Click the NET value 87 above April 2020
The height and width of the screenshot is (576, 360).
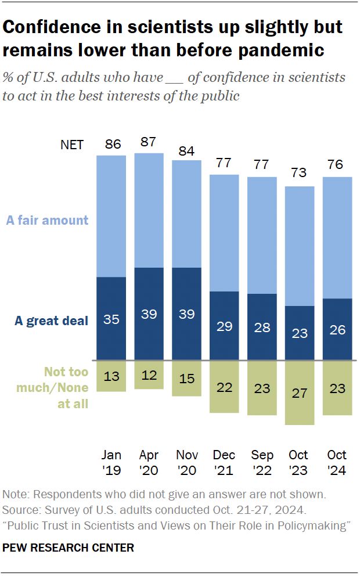click(x=149, y=142)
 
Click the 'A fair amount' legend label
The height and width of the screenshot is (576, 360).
click(x=48, y=220)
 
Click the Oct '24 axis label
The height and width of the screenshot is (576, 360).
click(x=337, y=463)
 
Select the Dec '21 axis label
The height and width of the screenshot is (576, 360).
click(x=224, y=463)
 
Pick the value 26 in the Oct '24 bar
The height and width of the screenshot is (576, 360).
click(x=337, y=330)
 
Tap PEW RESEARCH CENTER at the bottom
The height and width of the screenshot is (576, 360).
click(x=69, y=547)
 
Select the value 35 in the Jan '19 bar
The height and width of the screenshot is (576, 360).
click(x=111, y=319)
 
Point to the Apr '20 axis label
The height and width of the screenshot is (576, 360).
click(x=149, y=463)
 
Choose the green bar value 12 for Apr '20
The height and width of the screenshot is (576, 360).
click(x=149, y=375)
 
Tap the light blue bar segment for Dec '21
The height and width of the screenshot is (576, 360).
click(x=224, y=232)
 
